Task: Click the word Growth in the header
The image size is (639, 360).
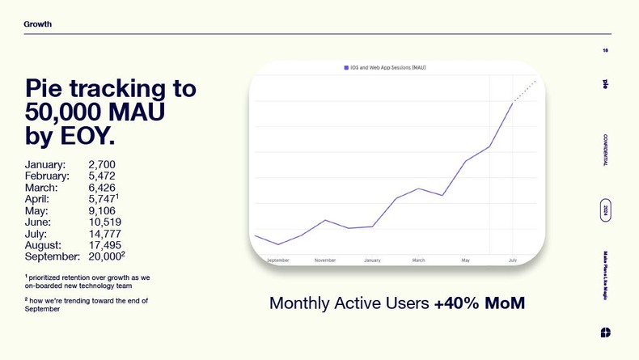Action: [x=37, y=24]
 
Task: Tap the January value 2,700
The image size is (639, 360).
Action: [x=102, y=165]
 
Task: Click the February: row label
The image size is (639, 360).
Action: [x=47, y=176]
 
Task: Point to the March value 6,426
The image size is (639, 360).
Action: [x=102, y=188]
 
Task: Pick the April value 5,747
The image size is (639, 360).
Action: [x=102, y=199]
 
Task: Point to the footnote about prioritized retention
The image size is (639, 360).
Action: [x=87, y=282]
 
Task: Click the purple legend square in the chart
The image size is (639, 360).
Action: [x=346, y=68]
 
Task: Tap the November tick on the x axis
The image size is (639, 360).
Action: [x=325, y=260]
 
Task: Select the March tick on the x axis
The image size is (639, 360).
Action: [x=418, y=260]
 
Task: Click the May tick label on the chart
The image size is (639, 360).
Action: [x=466, y=260]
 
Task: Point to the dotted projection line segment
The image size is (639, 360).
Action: [x=525, y=91]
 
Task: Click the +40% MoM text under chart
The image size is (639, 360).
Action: [x=479, y=303]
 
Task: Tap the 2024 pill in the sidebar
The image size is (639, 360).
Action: [x=605, y=210]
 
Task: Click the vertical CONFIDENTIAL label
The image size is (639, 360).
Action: [x=605, y=150]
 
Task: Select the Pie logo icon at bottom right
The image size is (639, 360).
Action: [x=606, y=332]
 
